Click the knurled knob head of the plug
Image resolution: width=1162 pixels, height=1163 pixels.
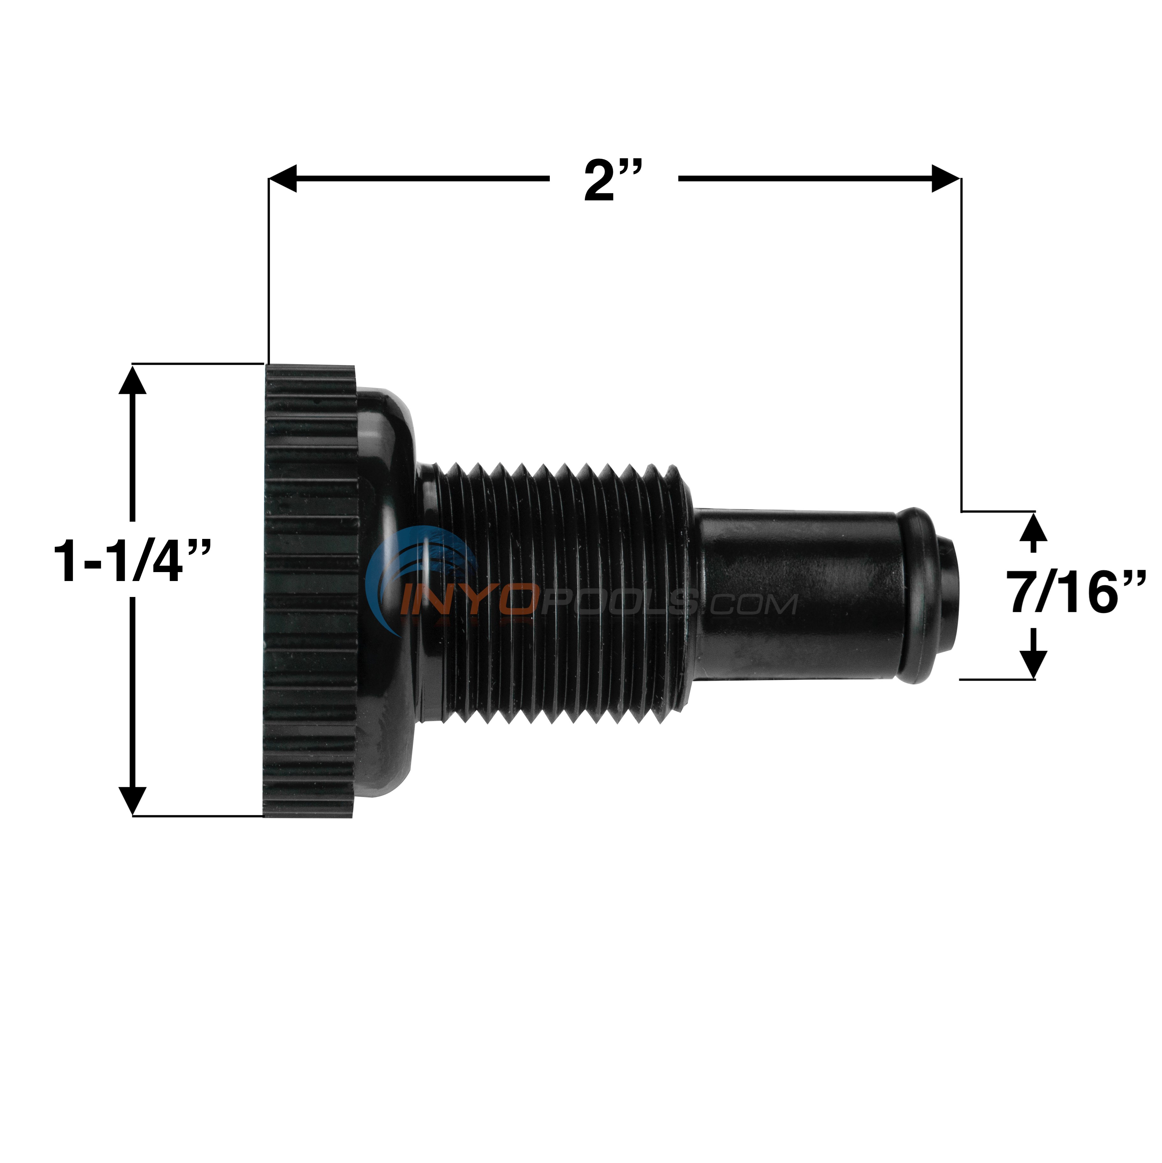[x=310, y=590]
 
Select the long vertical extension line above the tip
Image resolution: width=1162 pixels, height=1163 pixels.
[x=961, y=343]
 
